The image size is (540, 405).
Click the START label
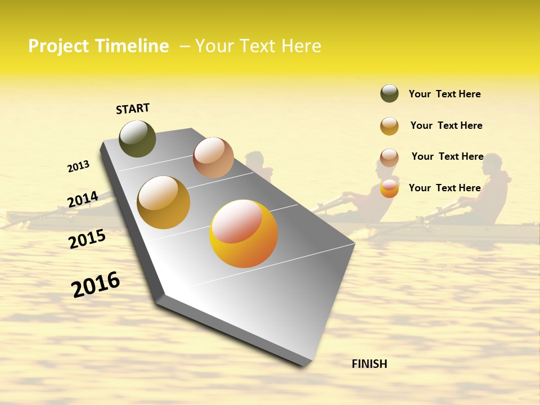133,109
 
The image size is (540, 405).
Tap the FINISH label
369,364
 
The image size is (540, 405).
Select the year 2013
78,166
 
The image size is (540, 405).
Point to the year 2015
87,239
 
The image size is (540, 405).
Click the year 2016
96,285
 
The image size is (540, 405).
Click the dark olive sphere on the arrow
137,138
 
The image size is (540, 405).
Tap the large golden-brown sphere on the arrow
163,202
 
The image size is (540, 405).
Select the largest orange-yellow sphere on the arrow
244,233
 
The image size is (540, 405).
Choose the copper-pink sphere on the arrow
213,157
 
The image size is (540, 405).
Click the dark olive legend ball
389,93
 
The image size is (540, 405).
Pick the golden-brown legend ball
389,126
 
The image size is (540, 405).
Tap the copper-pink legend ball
389,157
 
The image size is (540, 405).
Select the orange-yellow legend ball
389,188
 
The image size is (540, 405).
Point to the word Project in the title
58,46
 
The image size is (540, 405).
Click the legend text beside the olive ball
444,94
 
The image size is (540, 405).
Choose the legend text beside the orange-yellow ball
444,188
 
